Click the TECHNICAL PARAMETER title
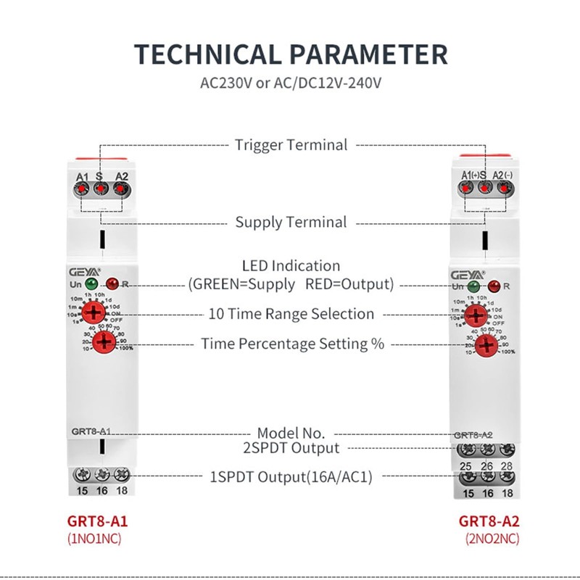pos(291,55)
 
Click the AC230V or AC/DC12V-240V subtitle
pos(291,83)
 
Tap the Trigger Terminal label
pos(291,145)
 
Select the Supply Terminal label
pos(291,222)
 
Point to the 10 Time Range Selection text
pos(291,314)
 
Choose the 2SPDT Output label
pos(291,448)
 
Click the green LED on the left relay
pos(91,283)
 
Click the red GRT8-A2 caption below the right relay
pos(489,521)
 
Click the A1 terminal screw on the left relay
pos(81,189)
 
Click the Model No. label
pos(291,433)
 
